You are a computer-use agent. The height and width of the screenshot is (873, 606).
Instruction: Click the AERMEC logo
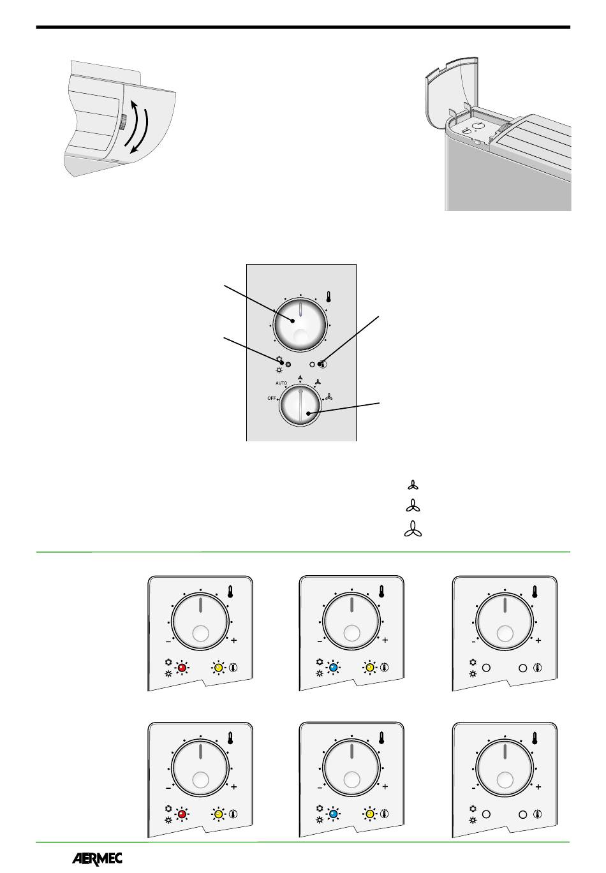tap(97, 858)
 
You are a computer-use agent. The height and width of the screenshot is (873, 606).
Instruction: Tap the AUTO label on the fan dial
tap(281, 383)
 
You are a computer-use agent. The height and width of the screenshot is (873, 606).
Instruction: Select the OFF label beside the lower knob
tap(271, 398)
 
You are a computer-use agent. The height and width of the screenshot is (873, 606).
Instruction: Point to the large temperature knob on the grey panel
tap(300, 325)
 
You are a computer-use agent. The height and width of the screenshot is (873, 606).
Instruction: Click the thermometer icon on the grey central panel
tap(329, 297)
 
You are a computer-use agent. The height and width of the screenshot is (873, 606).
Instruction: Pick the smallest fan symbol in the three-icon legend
tap(413, 485)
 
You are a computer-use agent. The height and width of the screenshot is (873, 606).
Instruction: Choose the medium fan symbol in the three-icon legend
tap(413, 506)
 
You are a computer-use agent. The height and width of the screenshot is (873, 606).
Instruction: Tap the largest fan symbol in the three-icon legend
tap(413, 529)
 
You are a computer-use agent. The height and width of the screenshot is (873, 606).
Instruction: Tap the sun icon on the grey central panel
tap(279, 370)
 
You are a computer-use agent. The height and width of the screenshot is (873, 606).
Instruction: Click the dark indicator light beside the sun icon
tap(288, 364)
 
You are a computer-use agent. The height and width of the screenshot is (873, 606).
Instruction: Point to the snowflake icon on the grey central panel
tap(279, 359)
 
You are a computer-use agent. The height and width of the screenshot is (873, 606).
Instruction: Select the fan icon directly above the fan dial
tap(300, 378)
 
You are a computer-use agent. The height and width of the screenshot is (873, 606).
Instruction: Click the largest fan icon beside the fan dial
tap(329, 397)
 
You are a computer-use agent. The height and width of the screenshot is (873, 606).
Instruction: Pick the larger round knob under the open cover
tap(478, 126)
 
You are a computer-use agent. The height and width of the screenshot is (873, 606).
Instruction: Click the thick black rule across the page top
tap(303, 27)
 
